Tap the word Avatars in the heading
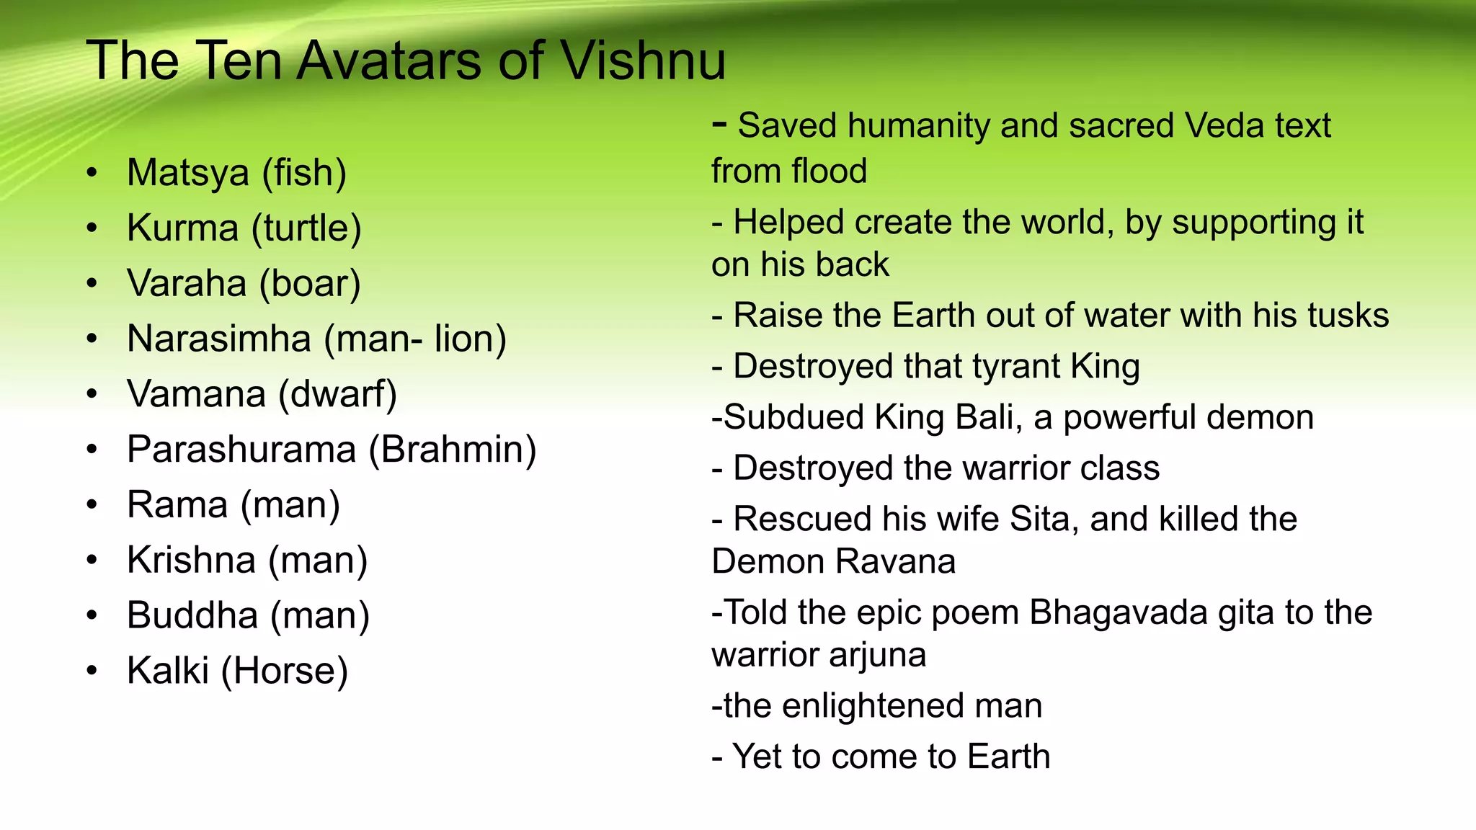point(391,61)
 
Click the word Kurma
point(182,228)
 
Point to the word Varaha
point(187,283)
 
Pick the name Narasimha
point(219,339)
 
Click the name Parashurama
point(241,450)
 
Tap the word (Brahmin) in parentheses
point(453,450)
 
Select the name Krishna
point(191,561)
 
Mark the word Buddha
point(192,616)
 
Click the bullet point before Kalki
point(92,671)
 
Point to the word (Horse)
point(285,671)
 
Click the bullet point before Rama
point(92,505)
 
